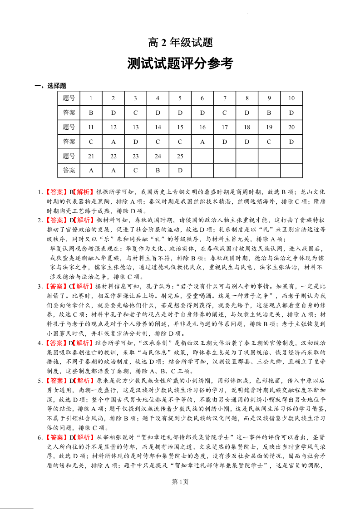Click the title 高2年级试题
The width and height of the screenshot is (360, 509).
[180, 43]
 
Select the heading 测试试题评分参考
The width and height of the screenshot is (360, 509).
[180, 64]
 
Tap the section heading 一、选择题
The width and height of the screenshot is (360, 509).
[51, 86]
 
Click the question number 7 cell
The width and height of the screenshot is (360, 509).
[225, 98]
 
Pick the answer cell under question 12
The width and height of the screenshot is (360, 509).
[113, 142]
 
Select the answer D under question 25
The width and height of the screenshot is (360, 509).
[180, 171]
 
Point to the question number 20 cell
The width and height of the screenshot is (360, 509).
[291, 127]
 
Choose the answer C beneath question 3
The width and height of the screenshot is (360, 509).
[136, 113]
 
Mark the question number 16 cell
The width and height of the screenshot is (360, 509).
[202, 127]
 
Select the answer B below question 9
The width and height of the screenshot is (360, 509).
[269, 113]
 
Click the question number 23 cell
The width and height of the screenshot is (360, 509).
[136, 156]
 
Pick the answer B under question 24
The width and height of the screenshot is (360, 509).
[158, 171]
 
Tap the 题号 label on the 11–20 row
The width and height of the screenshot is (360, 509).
[69, 127]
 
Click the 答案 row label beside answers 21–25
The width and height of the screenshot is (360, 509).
[69, 171]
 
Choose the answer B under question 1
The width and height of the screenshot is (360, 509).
[91, 113]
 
